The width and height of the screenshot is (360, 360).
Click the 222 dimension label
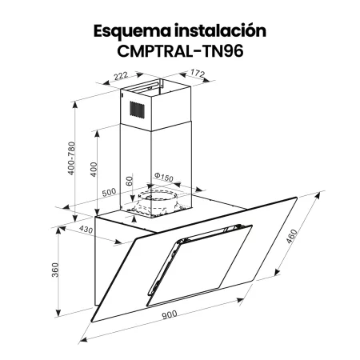[x=121, y=76]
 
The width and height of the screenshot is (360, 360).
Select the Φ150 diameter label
[x=163, y=178]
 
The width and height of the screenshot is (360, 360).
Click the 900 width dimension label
[x=169, y=314]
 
